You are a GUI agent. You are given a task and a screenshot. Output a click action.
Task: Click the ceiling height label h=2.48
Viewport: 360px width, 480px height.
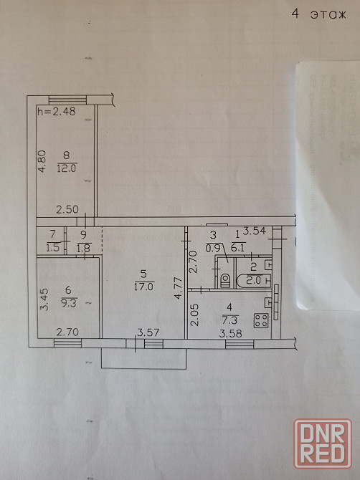pos(57,112)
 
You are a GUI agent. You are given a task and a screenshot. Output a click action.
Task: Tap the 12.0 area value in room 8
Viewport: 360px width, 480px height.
pos(67,168)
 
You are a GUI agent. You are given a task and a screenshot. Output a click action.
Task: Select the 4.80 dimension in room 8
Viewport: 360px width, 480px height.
pos(42,161)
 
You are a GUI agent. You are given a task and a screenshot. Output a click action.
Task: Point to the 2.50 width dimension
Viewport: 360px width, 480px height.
pos(67,209)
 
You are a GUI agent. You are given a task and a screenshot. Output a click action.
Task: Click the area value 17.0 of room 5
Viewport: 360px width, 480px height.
pos(143,287)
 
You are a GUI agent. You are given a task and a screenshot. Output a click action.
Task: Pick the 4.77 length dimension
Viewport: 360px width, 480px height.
pos(179,288)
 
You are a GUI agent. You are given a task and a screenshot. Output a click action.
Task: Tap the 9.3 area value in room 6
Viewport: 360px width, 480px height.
pos(70,303)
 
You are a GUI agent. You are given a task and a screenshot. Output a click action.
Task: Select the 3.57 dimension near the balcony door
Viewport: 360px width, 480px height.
pos(148,332)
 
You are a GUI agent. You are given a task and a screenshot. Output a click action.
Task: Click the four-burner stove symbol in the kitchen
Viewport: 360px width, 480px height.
pos(261,320)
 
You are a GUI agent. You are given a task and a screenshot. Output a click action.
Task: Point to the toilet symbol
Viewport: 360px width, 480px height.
pos(225,281)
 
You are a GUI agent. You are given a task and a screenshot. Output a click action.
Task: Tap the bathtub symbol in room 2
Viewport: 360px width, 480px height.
pos(254,281)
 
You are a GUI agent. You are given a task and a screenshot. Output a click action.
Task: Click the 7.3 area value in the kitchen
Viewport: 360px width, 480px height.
pos(232,320)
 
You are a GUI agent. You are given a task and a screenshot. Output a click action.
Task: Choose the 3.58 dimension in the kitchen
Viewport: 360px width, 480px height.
pos(230,333)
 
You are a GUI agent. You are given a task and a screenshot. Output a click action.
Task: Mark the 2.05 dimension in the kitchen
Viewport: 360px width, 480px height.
pos(196,315)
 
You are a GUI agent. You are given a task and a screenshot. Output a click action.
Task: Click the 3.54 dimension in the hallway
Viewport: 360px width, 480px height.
pos(255,231)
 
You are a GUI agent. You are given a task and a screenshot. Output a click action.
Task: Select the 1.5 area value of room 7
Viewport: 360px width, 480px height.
pos(52,247)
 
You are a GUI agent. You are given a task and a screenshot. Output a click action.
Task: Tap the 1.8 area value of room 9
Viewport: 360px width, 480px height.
pos(84,247)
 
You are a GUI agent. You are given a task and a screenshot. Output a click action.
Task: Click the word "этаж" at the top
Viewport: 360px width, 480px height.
pos(328,15)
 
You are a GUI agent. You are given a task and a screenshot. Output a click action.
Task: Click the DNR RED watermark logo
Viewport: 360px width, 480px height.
pos(323,444)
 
